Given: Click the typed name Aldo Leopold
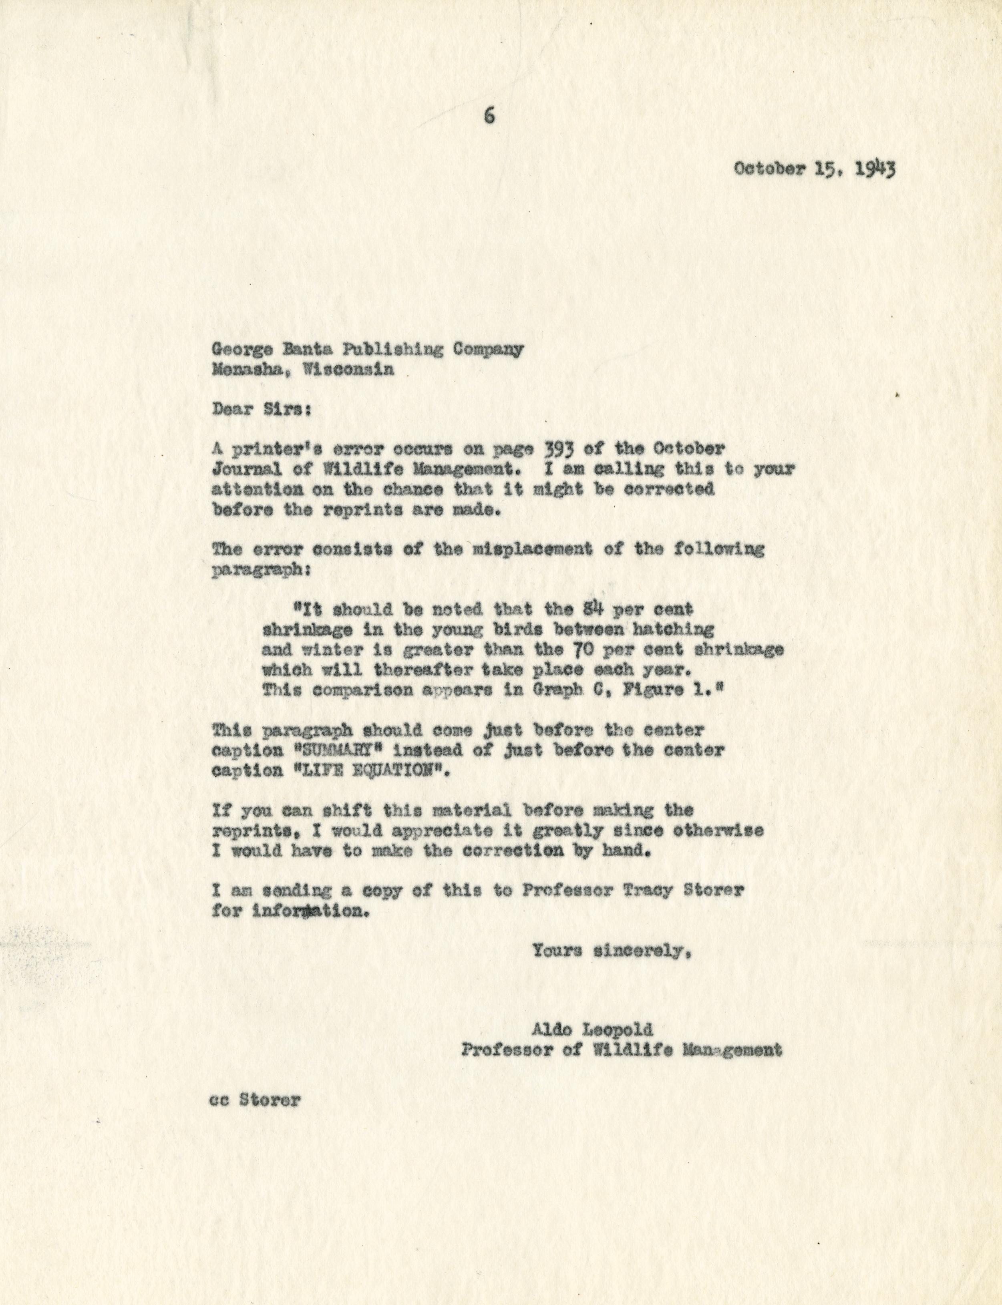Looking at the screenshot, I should pos(593,1029).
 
